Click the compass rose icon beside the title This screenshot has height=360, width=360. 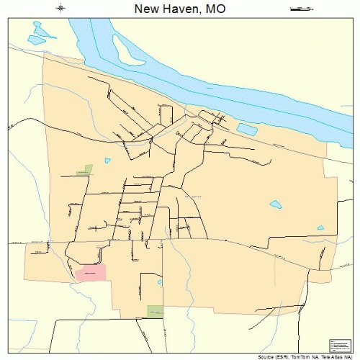pos(61,9)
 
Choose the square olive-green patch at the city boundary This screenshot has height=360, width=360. pos(155,311)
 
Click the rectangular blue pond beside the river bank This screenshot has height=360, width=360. pos(247,130)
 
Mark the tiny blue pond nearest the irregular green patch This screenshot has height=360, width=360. pos(108,160)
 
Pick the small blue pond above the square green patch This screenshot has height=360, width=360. pos(160,282)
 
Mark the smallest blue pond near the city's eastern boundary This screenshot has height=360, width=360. pos(321,228)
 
